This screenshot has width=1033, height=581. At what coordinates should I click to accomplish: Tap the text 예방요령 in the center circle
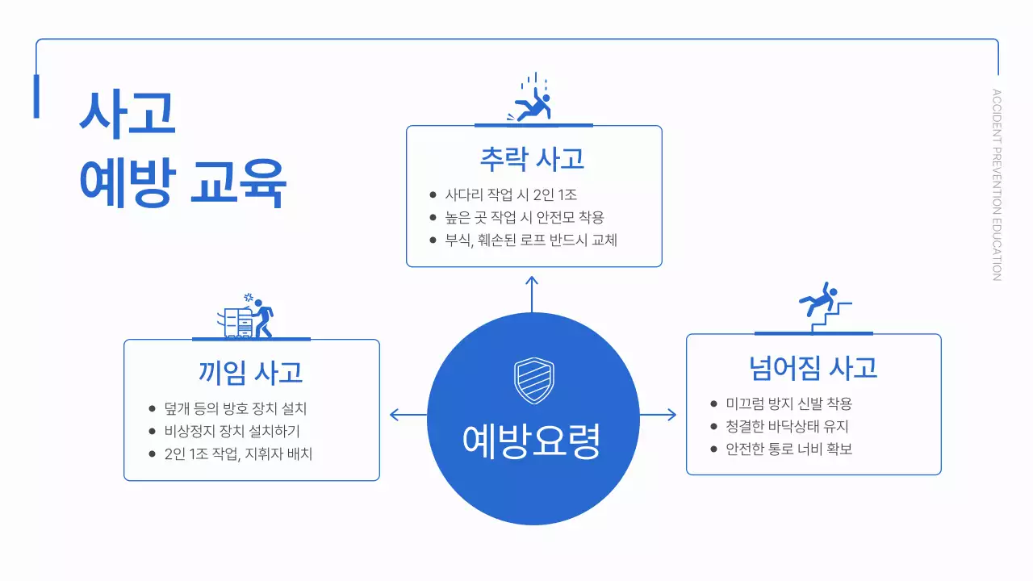tap(533, 441)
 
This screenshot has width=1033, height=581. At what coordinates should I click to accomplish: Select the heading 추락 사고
tap(533, 158)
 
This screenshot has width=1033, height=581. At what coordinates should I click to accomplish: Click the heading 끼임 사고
tap(251, 372)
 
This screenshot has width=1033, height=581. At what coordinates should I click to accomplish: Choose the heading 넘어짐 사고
tap(813, 367)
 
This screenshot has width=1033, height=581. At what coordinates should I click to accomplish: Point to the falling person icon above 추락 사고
tap(532, 101)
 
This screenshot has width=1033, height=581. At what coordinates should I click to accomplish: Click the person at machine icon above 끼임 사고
tap(250, 316)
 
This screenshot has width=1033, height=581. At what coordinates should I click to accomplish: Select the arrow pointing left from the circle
tap(408, 415)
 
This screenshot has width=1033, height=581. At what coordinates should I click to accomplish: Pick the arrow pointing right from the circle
tap(658, 415)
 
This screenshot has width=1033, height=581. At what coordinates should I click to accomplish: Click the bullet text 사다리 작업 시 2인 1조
tap(511, 194)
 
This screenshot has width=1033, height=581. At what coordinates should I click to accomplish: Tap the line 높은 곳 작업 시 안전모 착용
tap(525, 217)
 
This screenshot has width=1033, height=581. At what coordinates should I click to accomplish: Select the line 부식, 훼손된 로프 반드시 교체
tap(531, 240)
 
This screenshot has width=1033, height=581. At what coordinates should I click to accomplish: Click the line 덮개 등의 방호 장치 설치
tap(235, 408)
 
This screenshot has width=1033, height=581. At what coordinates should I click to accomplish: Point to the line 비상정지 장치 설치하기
tap(232, 431)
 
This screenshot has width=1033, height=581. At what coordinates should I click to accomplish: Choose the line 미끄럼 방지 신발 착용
tap(788, 403)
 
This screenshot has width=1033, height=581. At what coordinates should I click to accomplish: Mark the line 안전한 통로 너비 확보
tap(788, 449)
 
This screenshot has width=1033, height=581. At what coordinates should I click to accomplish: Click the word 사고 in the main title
tap(128, 114)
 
